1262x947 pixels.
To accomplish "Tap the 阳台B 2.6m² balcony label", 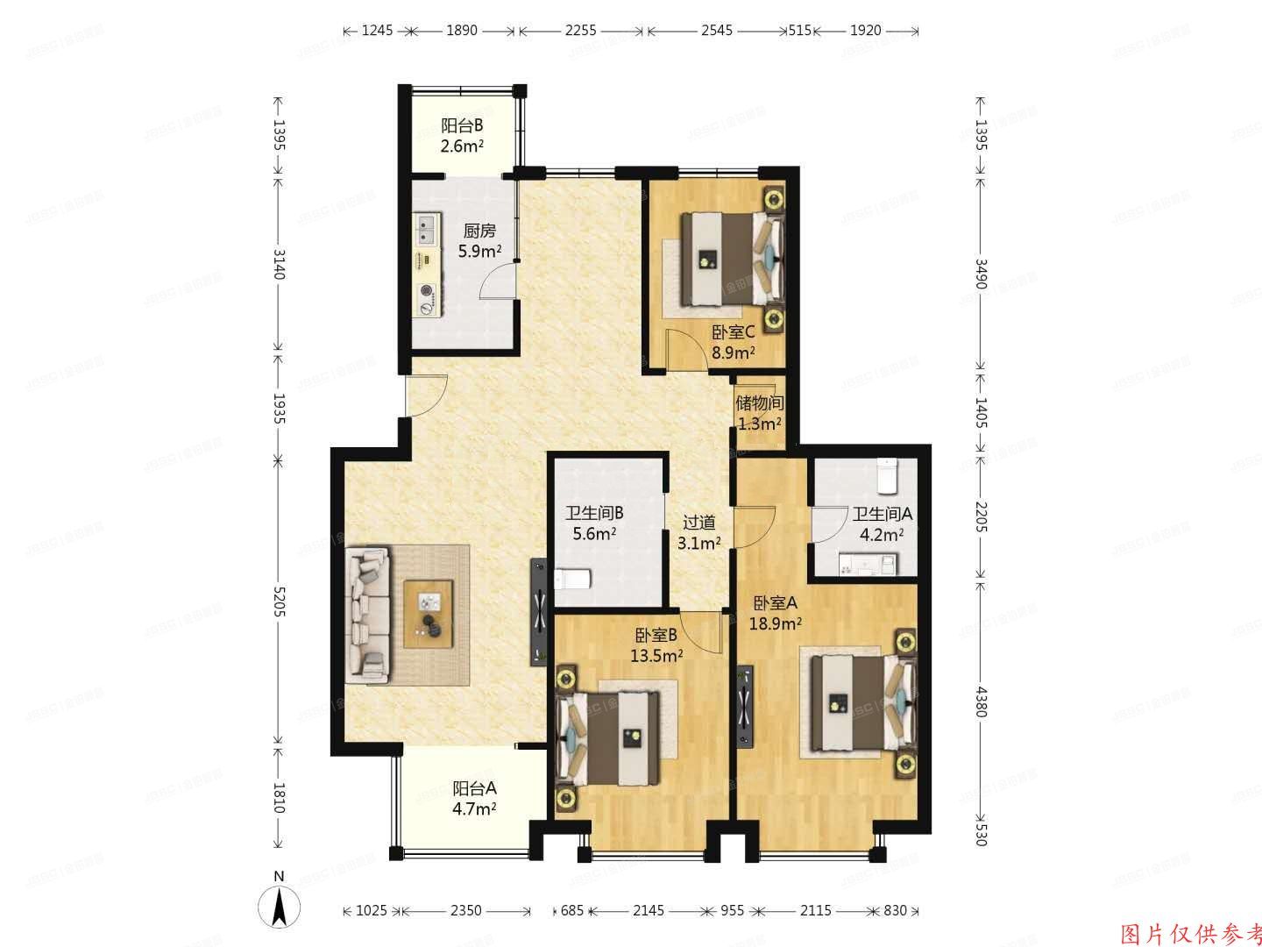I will [x=462, y=136].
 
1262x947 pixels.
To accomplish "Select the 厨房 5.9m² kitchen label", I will [x=479, y=241].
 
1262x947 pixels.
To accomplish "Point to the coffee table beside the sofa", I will [x=429, y=614].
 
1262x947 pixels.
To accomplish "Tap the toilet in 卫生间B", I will [x=574, y=580].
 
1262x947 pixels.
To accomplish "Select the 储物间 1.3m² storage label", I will [x=758, y=413].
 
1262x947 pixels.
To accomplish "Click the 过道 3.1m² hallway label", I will [x=699, y=531].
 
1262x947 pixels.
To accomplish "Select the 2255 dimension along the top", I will [x=580, y=31].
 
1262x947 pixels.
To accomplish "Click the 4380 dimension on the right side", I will [x=981, y=701].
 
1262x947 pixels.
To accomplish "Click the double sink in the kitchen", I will [x=429, y=230].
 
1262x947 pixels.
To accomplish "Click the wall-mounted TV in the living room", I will [x=538, y=613].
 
